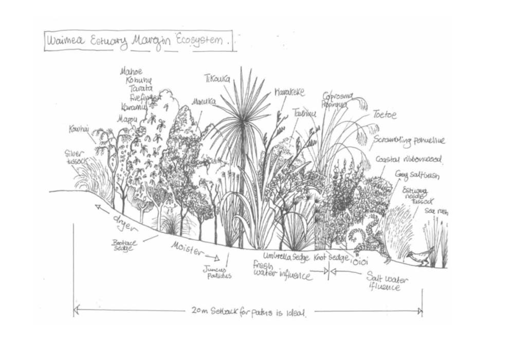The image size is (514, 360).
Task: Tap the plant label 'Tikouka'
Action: [x=218, y=79]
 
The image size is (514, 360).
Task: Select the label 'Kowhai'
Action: [x=79, y=129]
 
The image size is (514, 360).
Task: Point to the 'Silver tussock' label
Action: [x=76, y=157]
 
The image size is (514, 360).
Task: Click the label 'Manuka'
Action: [x=203, y=102]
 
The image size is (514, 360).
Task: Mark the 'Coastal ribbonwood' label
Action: [x=408, y=159]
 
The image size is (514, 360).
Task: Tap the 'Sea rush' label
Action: [x=435, y=211]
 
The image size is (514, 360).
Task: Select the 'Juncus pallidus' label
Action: [x=217, y=272]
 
